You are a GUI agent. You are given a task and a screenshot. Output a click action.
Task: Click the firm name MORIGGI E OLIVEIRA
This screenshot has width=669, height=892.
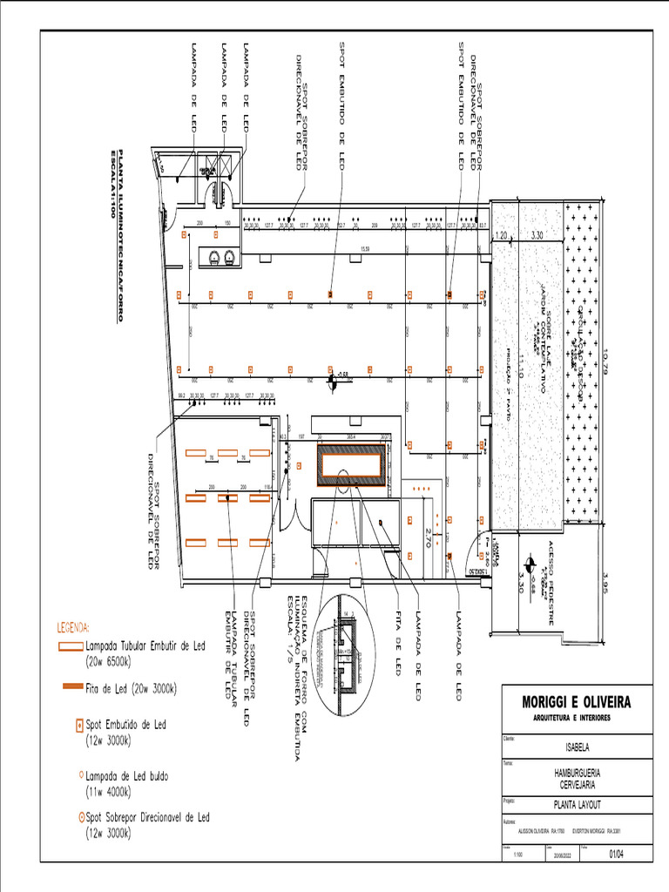576,702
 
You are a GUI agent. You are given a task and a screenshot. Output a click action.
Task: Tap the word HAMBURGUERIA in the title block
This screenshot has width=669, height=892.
576,773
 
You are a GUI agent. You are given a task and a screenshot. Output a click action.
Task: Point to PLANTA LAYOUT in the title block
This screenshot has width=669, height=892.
576,806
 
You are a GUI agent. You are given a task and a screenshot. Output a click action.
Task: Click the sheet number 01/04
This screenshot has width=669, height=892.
617,855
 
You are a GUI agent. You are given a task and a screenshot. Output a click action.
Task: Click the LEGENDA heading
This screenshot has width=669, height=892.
73,627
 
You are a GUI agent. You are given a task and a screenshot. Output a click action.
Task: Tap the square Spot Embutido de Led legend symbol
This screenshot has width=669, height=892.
78,724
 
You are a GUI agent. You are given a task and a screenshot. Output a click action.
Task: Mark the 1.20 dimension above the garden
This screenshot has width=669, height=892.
501,235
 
